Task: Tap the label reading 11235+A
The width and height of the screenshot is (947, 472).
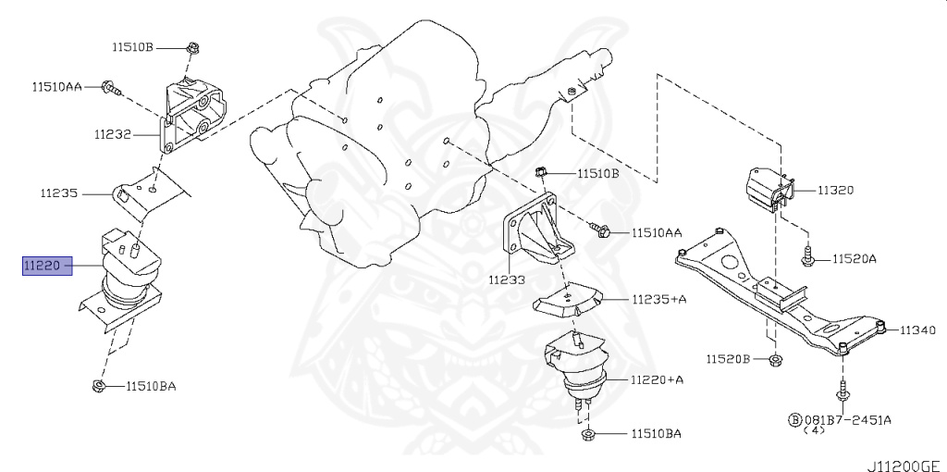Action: (x=659, y=300)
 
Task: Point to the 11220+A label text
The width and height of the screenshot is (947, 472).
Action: (x=658, y=379)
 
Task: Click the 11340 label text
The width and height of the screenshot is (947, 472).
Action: (x=918, y=329)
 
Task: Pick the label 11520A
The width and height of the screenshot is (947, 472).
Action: (x=854, y=259)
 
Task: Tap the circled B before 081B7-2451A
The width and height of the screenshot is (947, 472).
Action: (x=793, y=420)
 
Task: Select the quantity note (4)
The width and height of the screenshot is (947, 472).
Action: (x=813, y=431)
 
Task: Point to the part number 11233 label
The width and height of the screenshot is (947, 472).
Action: (x=507, y=279)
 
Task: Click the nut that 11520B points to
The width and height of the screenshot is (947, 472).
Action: (x=773, y=359)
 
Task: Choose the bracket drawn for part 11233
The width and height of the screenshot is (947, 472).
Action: (x=535, y=230)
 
